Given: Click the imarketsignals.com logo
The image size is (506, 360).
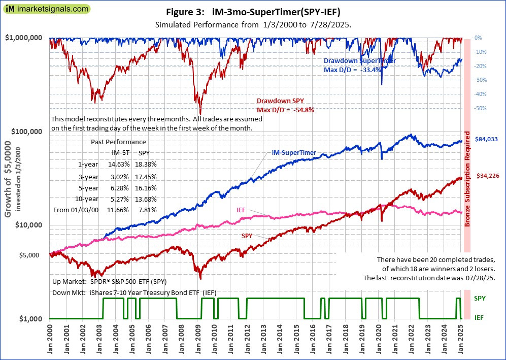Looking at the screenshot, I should tap(46, 9).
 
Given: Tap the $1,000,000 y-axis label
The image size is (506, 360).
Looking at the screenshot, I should tap(23, 38).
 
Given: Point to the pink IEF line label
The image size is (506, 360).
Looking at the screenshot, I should tap(242, 209).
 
